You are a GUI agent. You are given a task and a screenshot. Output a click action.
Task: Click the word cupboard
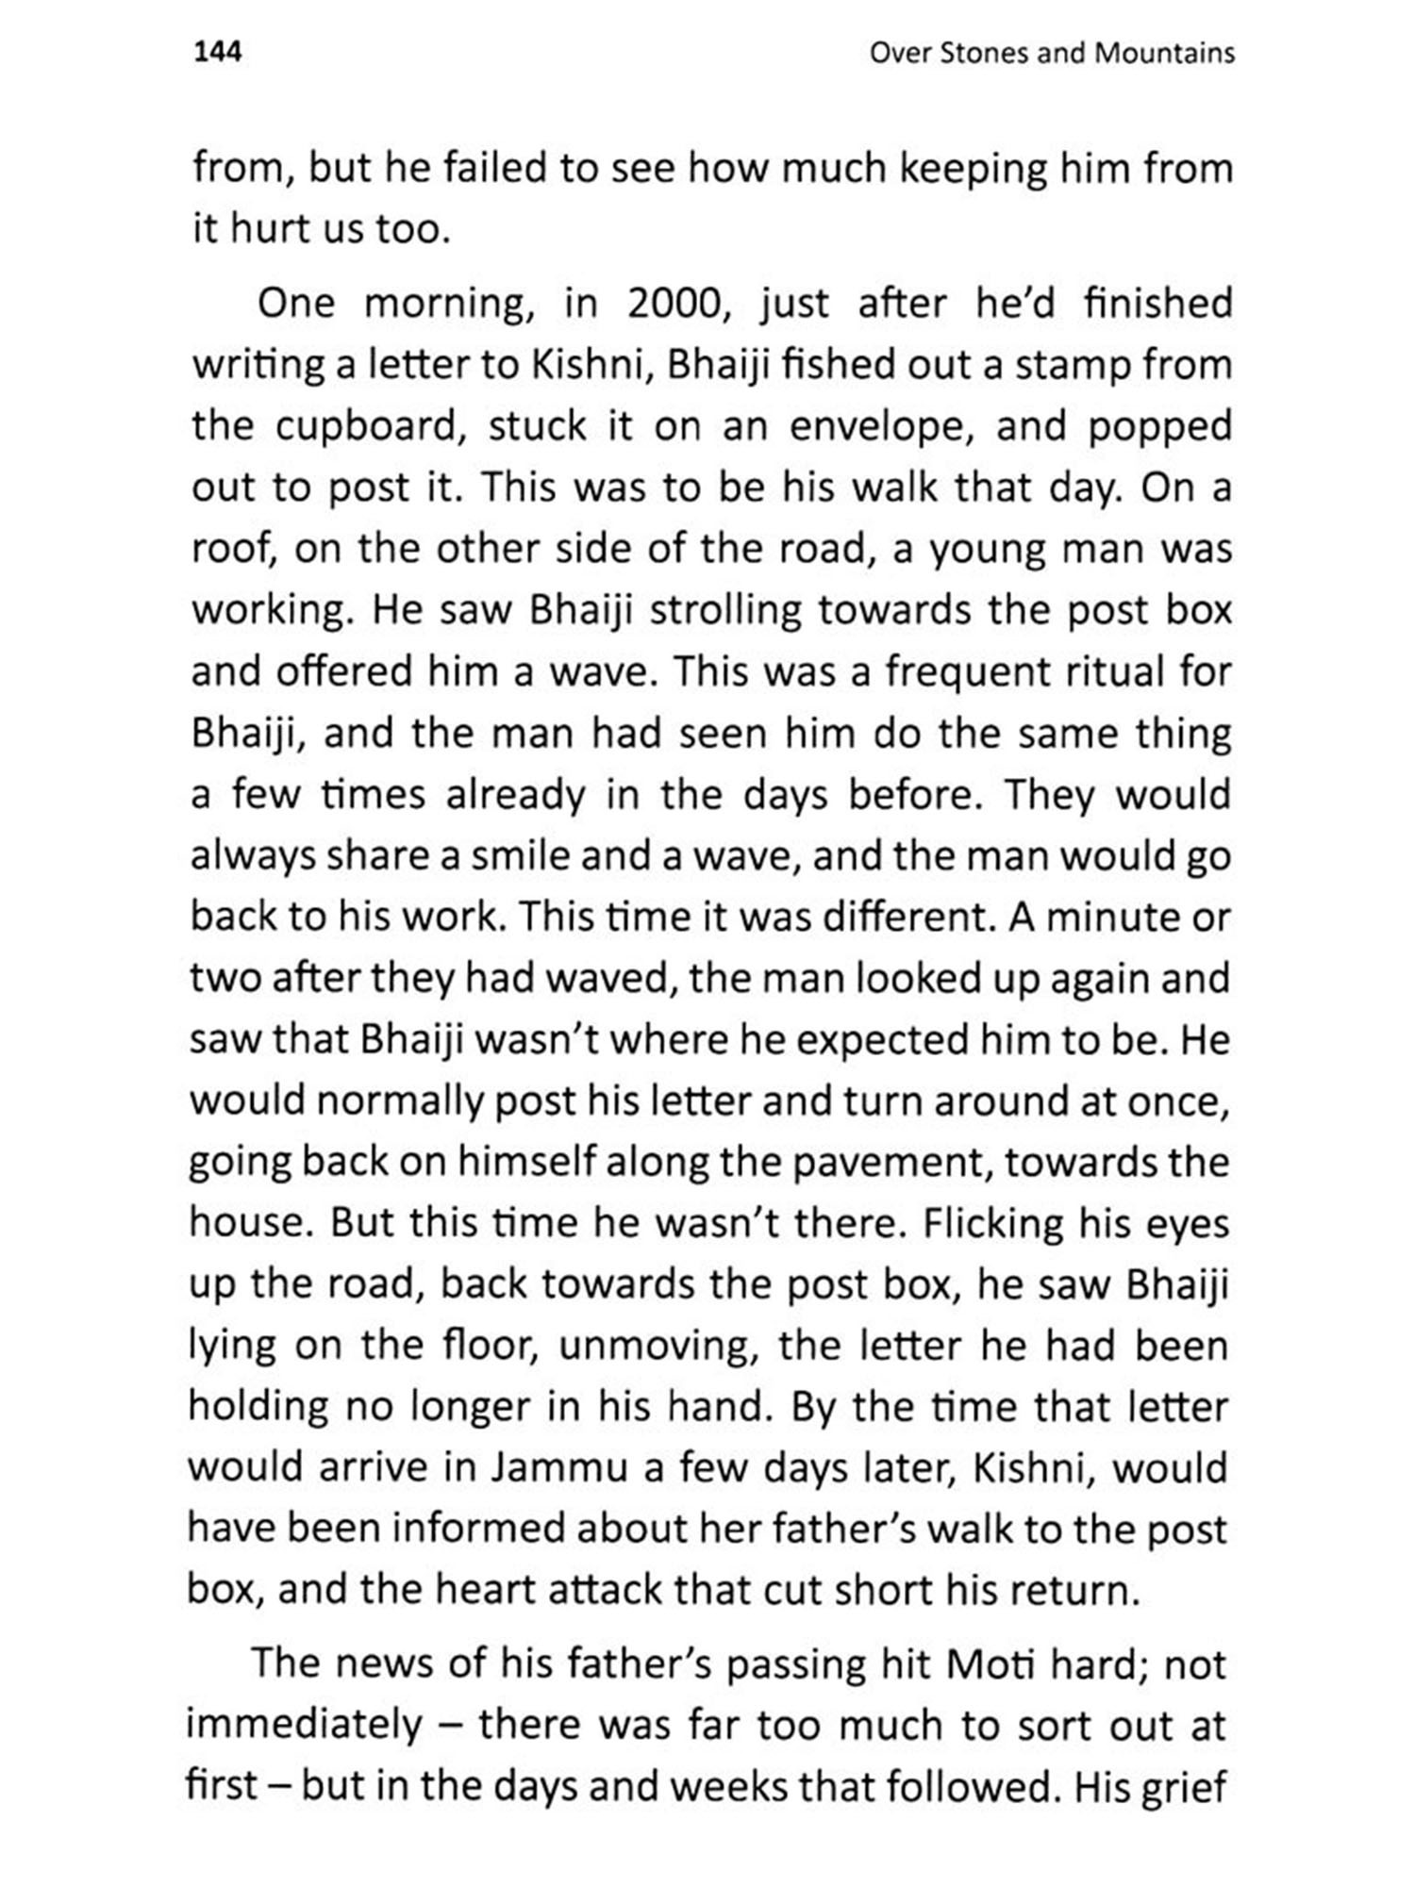pyautogui.click(x=375, y=427)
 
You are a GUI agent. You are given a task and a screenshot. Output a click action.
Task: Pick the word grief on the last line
pyautogui.click(x=1183, y=1787)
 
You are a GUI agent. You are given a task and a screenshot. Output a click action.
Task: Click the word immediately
pyautogui.click(x=304, y=1726)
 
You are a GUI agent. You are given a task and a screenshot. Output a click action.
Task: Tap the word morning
pyautogui.click(x=442, y=304)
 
